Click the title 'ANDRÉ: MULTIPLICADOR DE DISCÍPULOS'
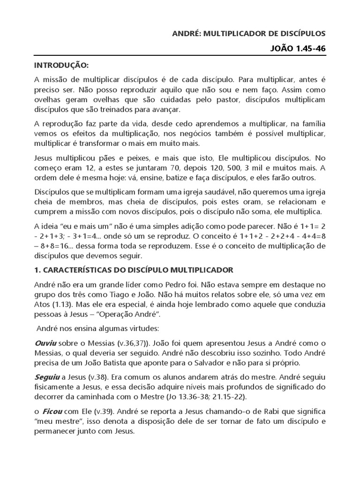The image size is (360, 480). click(249, 34)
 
